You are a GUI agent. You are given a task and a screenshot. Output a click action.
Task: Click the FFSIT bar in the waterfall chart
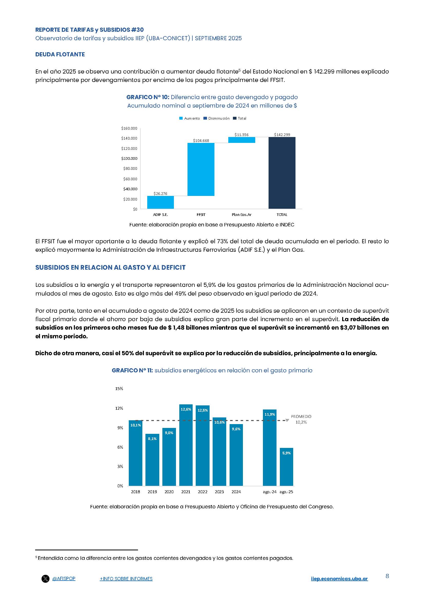tap(201, 169)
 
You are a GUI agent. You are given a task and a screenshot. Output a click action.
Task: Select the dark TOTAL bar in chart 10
tap(282, 173)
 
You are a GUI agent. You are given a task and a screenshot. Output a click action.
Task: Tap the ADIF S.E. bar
tap(160, 202)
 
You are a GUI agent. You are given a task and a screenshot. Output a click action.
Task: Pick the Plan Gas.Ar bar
tap(242, 140)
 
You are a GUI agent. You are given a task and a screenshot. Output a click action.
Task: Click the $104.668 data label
tap(201, 141)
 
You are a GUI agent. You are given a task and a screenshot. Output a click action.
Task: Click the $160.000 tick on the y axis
tap(129, 128)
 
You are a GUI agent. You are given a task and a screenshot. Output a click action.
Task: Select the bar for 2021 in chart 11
tap(186, 446)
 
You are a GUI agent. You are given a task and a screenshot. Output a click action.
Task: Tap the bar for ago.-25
tap(286, 468)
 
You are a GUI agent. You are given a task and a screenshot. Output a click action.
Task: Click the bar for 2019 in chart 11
tap(152, 460)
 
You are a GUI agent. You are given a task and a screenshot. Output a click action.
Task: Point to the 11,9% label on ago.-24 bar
tap(270, 414)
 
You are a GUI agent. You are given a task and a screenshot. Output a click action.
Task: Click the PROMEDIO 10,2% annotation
tap(301, 419)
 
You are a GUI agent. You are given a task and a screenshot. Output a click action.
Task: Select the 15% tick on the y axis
tap(119, 389)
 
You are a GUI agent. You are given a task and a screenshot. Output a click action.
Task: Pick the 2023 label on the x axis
tap(219, 492)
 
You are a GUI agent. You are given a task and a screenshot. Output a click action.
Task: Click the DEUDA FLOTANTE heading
tap(60, 55)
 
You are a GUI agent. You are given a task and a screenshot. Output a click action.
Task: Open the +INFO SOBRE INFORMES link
tap(126, 579)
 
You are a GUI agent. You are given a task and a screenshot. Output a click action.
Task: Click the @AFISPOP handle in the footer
tap(64, 579)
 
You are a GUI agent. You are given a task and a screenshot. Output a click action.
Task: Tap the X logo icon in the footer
tap(45, 579)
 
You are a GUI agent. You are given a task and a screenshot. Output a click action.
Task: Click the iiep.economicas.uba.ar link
tap(339, 579)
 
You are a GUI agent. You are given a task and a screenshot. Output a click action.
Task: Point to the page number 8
tap(387, 576)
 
